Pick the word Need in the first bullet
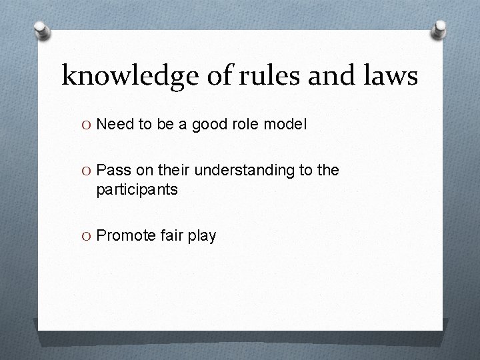point(115,124)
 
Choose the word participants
point(137,191)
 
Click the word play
point(203,237)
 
